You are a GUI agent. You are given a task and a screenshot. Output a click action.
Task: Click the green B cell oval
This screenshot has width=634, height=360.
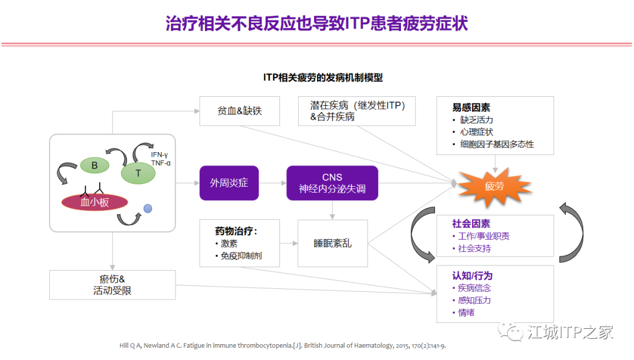pyautogui.click(x=95, y=166)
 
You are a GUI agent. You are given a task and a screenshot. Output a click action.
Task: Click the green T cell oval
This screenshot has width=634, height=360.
pyautogui.click(x=139, y=172)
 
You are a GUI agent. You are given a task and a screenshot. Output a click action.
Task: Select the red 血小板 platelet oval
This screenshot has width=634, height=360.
pyautogui.click(x=95, y=202)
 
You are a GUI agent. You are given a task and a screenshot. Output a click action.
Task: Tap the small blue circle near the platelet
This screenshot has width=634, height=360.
pyautogui.click(x=148, y=208)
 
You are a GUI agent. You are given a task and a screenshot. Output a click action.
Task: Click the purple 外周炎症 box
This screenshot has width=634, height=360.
pyautogui.click(x=229, y=183)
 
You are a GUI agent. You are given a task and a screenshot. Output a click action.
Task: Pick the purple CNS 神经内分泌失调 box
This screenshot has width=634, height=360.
pyautogui.click(x=332, y=183)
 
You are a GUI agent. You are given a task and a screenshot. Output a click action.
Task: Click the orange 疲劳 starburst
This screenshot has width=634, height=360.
pyautogui.click(x=494, y=186)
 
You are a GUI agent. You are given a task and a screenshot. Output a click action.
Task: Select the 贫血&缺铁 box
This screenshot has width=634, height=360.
pyautogui.click(x=239, y=110)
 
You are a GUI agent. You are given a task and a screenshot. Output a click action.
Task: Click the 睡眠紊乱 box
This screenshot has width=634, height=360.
pyautogui.click(x=332, y=243)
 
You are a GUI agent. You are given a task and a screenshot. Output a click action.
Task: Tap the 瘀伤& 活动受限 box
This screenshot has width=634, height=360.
pyautogui.click(x=113, y=285)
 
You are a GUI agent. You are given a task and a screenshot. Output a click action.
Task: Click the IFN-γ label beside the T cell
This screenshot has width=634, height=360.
pyautogui.click(x=159, y=154)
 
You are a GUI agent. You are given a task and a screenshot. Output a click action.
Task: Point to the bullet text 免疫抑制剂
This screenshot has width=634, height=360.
pyautogui.click(x=241, y=256)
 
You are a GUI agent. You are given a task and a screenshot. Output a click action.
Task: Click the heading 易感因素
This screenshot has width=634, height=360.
pyautogui.click(x=471, y=107)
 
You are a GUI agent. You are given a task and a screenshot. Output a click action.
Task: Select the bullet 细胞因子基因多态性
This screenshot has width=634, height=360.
pyautogui.click(x=497, y=144)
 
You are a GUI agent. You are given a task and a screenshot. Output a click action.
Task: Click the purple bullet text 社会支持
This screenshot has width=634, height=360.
pyautogui.click(x=474, y=248)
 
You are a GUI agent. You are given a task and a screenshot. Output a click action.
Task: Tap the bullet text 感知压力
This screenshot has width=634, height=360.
pyautogui.click(x=474, y=300)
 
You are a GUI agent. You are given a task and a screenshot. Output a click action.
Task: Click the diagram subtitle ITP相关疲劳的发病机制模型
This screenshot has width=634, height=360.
pyautogui.click(x=323, y=78)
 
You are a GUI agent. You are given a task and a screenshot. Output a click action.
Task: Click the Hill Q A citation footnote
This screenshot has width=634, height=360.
pyautogui.click(x=282, y=346)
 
